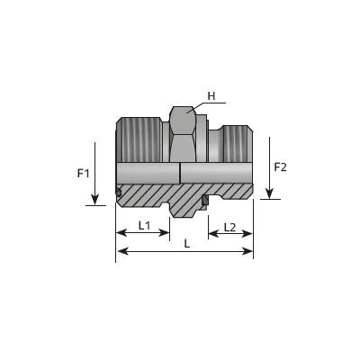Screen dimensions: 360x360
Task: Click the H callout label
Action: (x=211, y=96)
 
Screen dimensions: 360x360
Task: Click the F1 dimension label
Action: (x=84, y=173)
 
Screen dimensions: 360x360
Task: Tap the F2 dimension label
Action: (x=281, y=167)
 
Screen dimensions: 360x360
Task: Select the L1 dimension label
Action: (x=144, y=225)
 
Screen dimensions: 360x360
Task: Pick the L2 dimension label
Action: (x=229, y=228)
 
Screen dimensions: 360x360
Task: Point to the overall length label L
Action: (x=187, y=244)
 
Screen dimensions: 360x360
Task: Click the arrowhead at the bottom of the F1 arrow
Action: (x=94, y=200)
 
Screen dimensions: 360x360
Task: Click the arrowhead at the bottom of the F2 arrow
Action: (x=269, y=193)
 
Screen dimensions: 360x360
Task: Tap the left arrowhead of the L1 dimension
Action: (x=121, y=232)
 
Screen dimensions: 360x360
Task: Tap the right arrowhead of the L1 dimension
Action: (x=165, y=232)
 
